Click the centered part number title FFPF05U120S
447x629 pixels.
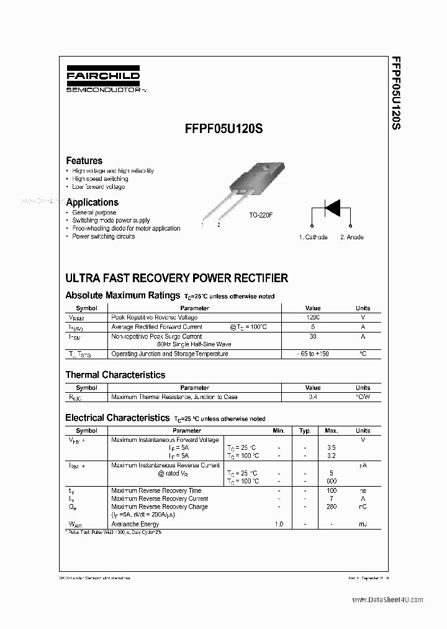pos(223,130)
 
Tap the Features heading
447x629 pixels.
pos(84,160)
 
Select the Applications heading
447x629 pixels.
pos(92,202)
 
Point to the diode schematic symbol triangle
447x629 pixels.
pos(332,208)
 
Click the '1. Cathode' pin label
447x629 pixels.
pos(313,237)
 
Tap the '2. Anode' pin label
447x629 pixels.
pos(352,237)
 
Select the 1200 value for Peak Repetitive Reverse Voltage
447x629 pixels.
pos(312,318)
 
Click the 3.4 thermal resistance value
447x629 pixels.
pos(313,397)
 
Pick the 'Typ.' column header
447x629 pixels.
pos(305,431)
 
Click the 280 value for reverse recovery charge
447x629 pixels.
pos(331,507)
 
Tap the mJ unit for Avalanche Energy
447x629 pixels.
pos(363,525)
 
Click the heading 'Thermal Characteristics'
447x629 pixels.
pos(115,375)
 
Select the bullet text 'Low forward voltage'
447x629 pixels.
pos(98,186)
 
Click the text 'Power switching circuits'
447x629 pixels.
pos(103,236)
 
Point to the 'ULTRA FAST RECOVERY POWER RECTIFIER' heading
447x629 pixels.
pos(177,278)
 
